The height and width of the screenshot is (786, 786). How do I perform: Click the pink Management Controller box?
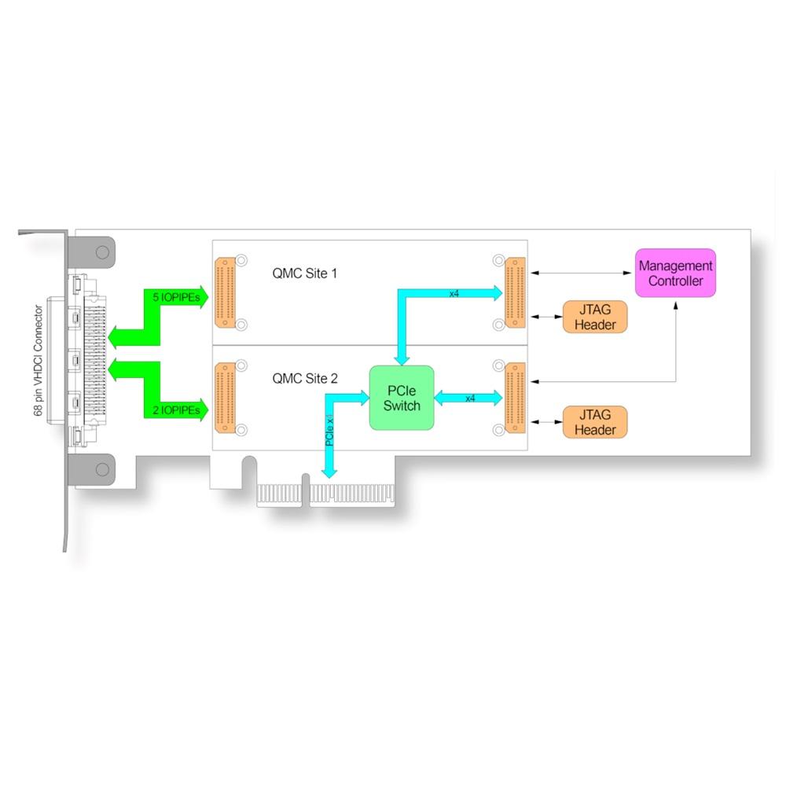coord(675,274)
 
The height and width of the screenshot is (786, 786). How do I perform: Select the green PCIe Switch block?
coord(402,398)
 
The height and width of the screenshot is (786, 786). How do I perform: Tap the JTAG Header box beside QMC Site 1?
coord(595,317)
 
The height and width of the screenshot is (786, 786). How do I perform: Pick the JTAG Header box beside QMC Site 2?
coord(595,422)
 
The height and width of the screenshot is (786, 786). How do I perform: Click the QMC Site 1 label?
coord(305,274)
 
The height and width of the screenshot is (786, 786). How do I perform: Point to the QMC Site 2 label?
coord(305,379)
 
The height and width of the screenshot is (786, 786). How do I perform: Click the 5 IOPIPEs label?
coord(176,297)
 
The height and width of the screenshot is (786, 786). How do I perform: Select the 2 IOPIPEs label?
coord(176,410)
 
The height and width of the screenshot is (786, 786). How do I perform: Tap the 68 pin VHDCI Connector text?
coord(38,361)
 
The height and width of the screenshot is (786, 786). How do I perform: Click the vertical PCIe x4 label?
coord(329,430)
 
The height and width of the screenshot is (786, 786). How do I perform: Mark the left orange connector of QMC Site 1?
coord(225,292)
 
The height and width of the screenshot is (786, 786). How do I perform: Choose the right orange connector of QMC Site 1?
coord(516,292)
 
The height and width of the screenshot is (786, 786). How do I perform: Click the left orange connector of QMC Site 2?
coord(225,398)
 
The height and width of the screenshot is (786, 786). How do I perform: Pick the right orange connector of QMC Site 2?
coord(516,398)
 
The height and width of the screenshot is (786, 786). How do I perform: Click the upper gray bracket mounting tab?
coord(91,252)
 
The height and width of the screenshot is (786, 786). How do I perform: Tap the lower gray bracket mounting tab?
coord(91,470)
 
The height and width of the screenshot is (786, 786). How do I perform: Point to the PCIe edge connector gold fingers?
coord(326,494)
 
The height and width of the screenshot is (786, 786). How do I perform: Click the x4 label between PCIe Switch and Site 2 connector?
coord(470,399)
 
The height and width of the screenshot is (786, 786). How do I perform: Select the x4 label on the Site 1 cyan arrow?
coord(454,293)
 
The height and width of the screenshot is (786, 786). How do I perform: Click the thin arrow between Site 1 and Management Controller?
coord(581,273)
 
